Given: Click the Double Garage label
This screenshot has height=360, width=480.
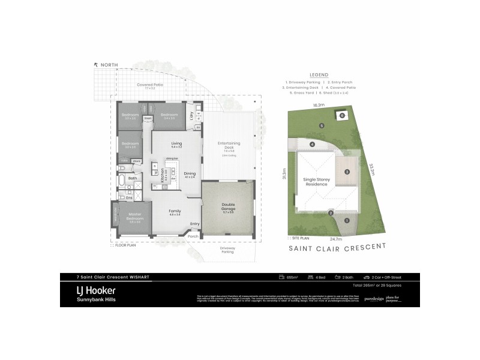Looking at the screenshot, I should click(x=229, y=205).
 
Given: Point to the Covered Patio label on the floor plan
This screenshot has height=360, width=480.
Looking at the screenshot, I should click(x=149, y=85).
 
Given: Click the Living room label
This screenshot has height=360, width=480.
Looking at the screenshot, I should click(x=176, y=143).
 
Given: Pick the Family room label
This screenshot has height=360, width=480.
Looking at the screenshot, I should click(x=175, y=211).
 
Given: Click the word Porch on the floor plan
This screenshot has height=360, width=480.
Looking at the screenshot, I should click(x=193, y=236).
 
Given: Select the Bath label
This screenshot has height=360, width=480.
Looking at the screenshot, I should click(x=133, y=178).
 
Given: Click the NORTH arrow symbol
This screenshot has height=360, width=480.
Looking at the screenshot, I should click(x=95, y=64).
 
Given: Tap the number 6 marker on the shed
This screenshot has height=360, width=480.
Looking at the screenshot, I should click(x=343, y=115).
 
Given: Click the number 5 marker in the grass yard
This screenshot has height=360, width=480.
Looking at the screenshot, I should click(x=322, y=126).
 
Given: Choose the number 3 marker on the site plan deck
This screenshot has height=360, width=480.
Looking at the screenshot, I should click(x=347, y=172).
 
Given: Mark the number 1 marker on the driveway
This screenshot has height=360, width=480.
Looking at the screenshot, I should click(x=347, y=220).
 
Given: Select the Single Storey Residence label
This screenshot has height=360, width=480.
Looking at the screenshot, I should click(x=320, y=182).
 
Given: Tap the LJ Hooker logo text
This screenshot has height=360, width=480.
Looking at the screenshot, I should click(x=96, y=289).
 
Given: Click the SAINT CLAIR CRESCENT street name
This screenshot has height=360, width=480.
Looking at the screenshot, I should click(x=337, y=246).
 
